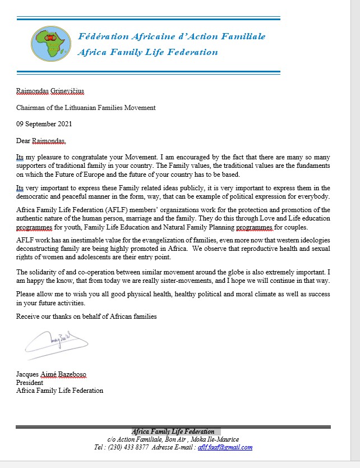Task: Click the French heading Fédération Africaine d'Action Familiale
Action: tap(172, 36)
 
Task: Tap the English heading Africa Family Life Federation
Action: tap(148, 52)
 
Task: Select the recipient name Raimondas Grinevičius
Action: tap(50, 91)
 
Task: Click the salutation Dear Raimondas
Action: tap(45, 140)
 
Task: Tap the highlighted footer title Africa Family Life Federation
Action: tap(173, 432)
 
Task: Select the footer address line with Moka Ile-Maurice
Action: tap(173, 439)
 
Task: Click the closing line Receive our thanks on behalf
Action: tap(86, 316)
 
